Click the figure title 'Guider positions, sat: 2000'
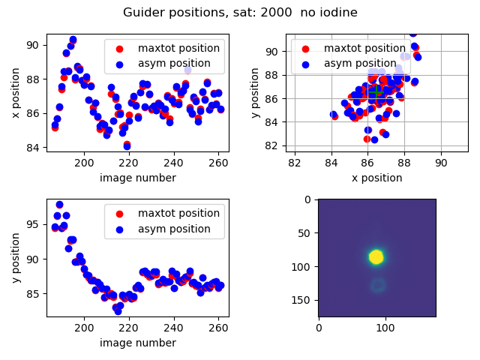click(240, 13)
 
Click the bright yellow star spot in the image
click(376, 257)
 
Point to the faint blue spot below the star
click(377, 285)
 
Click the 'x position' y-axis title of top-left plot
click(16, 93)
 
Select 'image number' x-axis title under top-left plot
click(137, 178)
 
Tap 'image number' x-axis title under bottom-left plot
click(137, 343)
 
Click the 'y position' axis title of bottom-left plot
click(16, 259)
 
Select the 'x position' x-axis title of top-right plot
click(377, 178)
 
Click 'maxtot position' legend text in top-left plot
click(178, 48)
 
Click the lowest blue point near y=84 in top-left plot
click(127, 146)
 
